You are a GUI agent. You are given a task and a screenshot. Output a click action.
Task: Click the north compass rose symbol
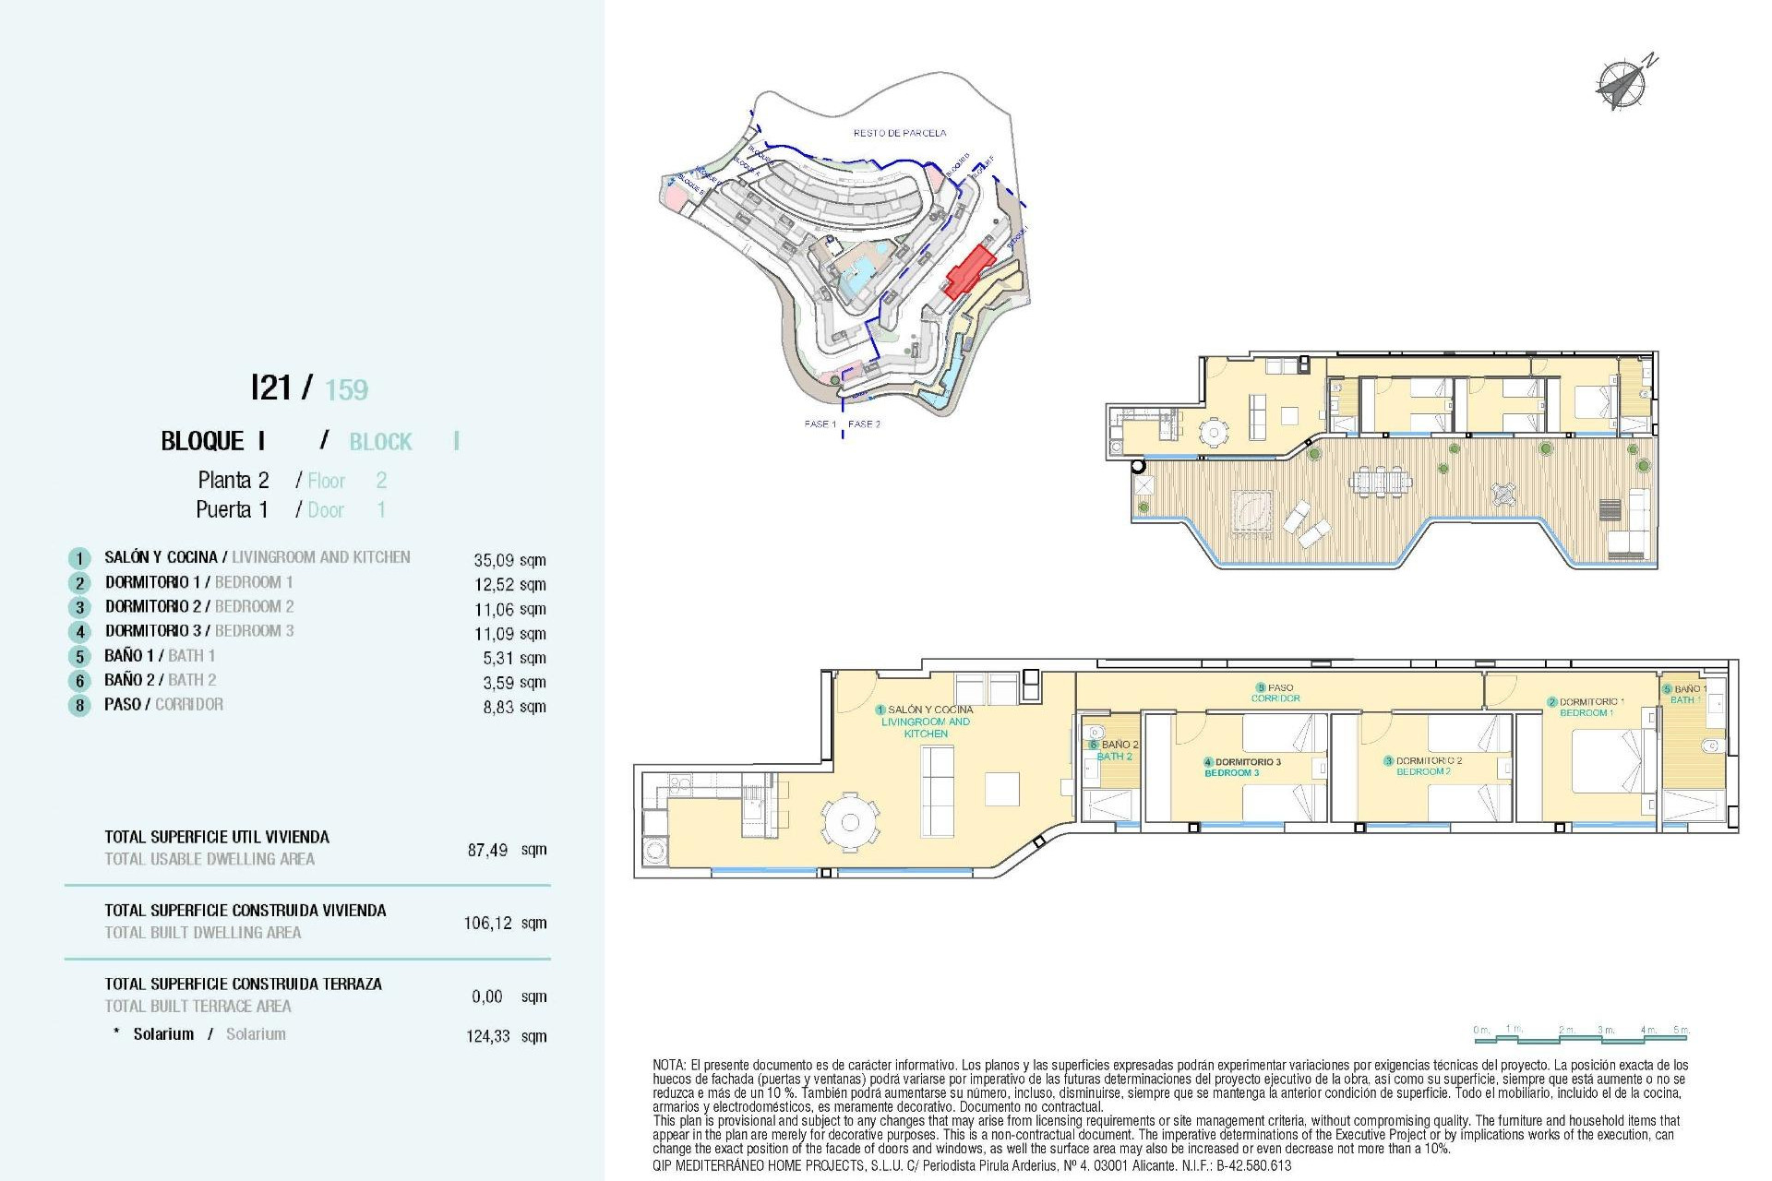[1622, 85]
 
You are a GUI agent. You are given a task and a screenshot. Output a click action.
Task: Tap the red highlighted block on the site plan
[969, 271]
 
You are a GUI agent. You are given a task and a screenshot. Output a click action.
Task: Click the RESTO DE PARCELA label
[899, 133]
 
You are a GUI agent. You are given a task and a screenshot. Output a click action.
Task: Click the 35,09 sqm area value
[509, 560]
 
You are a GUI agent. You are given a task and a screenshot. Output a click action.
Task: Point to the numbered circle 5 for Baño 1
[80, 657]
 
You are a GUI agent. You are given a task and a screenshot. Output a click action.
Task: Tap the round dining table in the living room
[850, 821]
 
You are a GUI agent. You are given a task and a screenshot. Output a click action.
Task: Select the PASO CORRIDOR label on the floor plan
[1276, 693]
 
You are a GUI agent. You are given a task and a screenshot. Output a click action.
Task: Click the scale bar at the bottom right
[1581, 1035]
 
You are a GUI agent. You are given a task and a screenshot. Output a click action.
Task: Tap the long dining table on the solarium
[1380, 482]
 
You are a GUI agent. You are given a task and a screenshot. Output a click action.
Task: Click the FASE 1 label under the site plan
[820, 424]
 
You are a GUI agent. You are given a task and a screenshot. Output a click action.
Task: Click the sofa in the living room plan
[938, 791]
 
